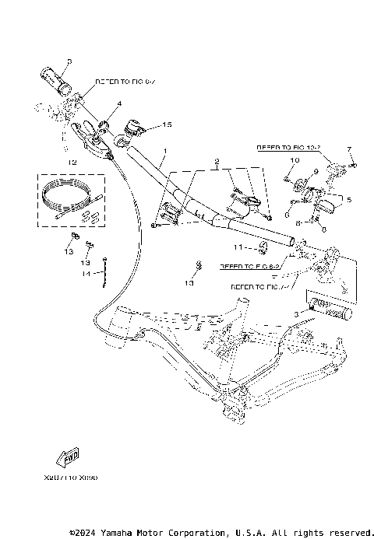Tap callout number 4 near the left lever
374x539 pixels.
(x=119, y=103)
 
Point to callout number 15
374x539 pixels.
(x=165, y=124)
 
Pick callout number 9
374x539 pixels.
(x=316, y=172)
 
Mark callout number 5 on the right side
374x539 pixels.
(x=348, y=200)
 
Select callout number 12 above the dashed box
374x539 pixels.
(x=72, y=163)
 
